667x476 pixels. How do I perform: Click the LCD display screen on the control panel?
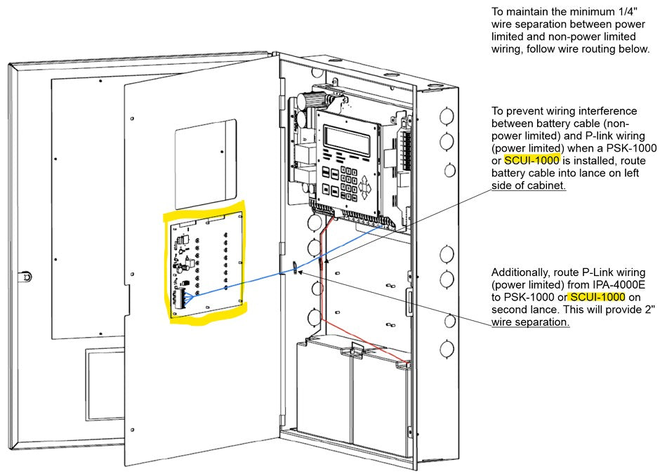347,139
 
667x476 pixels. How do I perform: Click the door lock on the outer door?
26,276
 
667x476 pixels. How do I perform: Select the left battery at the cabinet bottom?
323,393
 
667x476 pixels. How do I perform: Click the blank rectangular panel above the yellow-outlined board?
206,163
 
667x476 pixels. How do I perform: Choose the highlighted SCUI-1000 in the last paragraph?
596,297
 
